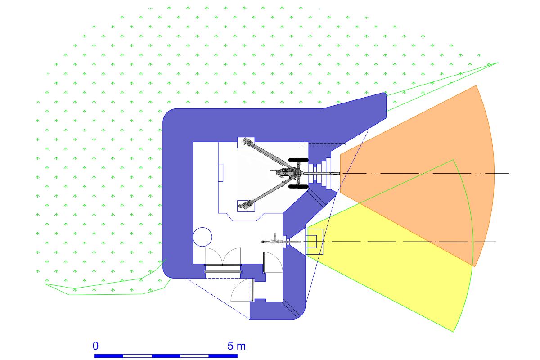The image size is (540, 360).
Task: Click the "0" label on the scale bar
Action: pyautogui.click(x=95, y=346)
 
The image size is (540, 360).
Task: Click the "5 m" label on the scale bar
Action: pyautogui.click(x=236, y=346)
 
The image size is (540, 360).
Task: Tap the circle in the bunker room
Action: pyautogui.click(x=202, y=237)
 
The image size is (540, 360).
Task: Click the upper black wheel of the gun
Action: pyautogui.click(x=298, y=160)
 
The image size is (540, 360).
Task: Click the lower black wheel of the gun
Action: pyautogui.click(x=298, y=187)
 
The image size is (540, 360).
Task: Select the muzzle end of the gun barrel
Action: pyautogui.click(x=339, y=173)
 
